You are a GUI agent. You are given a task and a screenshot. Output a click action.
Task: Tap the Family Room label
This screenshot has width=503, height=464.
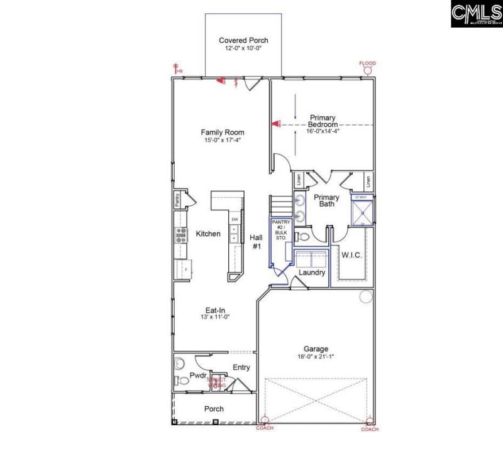(x=223, y=132)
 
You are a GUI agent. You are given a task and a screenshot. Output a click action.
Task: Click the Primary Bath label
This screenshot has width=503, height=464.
(x=326, y=201)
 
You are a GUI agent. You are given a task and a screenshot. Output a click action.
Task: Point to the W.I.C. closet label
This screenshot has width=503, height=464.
(x=351, y=255)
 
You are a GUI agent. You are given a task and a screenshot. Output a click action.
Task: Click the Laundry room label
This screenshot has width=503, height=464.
(x=312, y=272)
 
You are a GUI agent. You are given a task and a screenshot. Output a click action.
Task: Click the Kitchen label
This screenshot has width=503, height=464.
(x=208, y=234)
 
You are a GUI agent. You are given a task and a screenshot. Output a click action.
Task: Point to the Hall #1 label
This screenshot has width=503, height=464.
(x=256, y=242)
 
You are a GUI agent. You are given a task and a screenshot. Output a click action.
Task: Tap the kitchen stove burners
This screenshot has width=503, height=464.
(x=180, y=235)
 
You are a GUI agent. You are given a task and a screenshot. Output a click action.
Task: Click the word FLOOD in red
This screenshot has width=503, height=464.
(x=367, y=64)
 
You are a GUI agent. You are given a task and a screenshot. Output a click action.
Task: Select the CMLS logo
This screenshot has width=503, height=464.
(x=475, y=14)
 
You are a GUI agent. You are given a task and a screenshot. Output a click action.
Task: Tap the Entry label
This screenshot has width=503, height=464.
(x=241, y=367)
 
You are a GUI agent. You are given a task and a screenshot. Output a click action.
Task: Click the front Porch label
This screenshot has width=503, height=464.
(x=214, y=409)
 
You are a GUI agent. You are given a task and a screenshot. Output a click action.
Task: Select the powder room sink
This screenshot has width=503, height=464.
(x=179, y=362)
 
